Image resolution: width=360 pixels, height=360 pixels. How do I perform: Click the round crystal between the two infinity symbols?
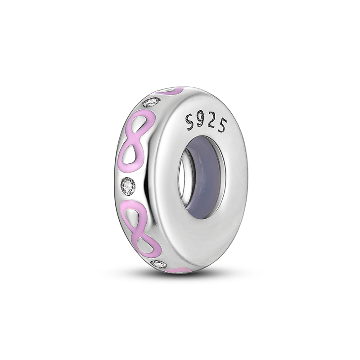tap(128, 186)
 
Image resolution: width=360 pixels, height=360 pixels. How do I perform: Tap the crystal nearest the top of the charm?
tap(152, 102)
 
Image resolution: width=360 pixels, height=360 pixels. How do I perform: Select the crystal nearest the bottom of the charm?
tap(159, 264)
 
